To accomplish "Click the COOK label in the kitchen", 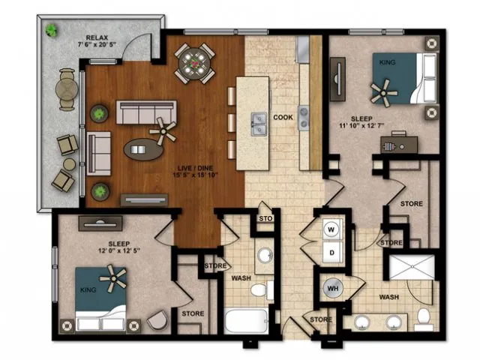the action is tap(283, 117).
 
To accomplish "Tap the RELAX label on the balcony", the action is tap(97, 37).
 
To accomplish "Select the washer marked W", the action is tap(331, 229).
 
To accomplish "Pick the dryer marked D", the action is tap(331, 253).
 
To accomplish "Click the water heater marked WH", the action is tap(333, 288).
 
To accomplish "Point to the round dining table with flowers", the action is tap(194, 64).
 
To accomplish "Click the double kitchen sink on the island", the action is tap(259, 124).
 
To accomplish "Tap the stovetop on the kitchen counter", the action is tap(304, 118).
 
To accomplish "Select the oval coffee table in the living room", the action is tap(143, 149).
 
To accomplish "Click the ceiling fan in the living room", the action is tap(163, 132).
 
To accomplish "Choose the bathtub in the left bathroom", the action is tap(246, 321).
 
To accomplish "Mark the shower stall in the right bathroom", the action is tap(412, 267).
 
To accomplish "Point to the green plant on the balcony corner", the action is tap(52, 30).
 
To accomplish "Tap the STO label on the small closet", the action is tap(265, 218).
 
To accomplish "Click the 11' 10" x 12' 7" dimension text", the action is tap(361, 125).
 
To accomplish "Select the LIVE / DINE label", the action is tap(195, 168).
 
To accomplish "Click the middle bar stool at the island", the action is tap(232, 123).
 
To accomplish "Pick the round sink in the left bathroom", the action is tap(265, 255).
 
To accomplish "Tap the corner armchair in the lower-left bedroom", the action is tap(157, 320).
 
